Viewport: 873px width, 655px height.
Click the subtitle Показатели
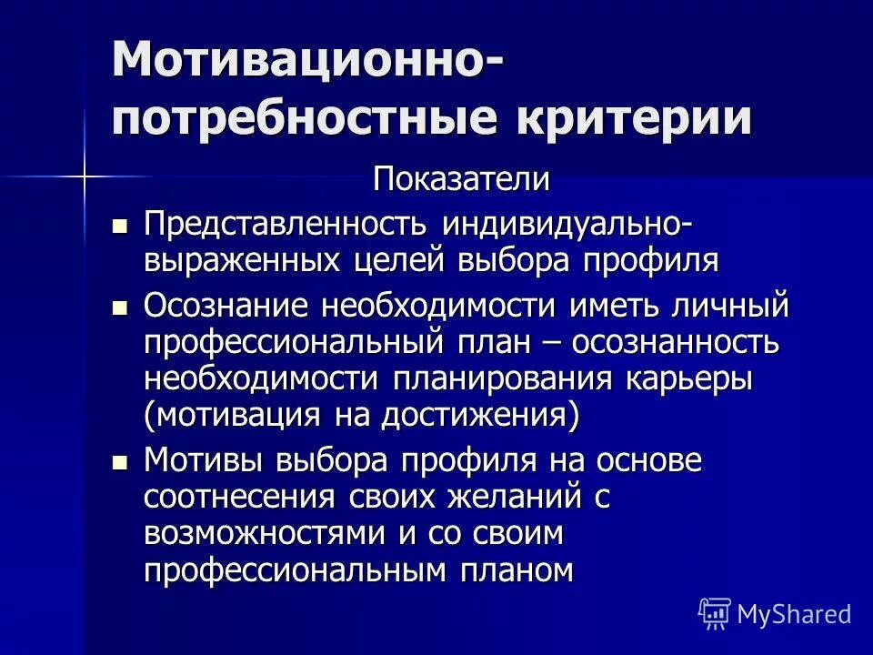461,179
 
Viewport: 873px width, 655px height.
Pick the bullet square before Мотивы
118,463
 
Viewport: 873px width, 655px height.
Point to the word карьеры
688,379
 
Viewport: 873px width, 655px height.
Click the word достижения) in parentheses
479,416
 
